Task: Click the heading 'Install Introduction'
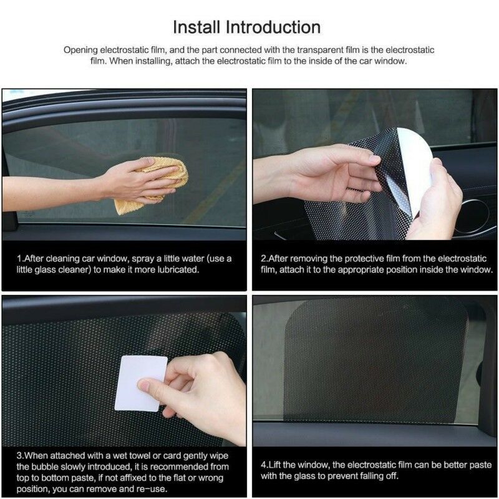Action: (246, 27)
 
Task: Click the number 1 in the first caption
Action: (19, 258)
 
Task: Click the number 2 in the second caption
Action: (264, 258)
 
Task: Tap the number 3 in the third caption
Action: (20, 455)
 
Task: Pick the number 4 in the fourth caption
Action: (264, 463)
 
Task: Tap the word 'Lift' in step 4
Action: (278, 463)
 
